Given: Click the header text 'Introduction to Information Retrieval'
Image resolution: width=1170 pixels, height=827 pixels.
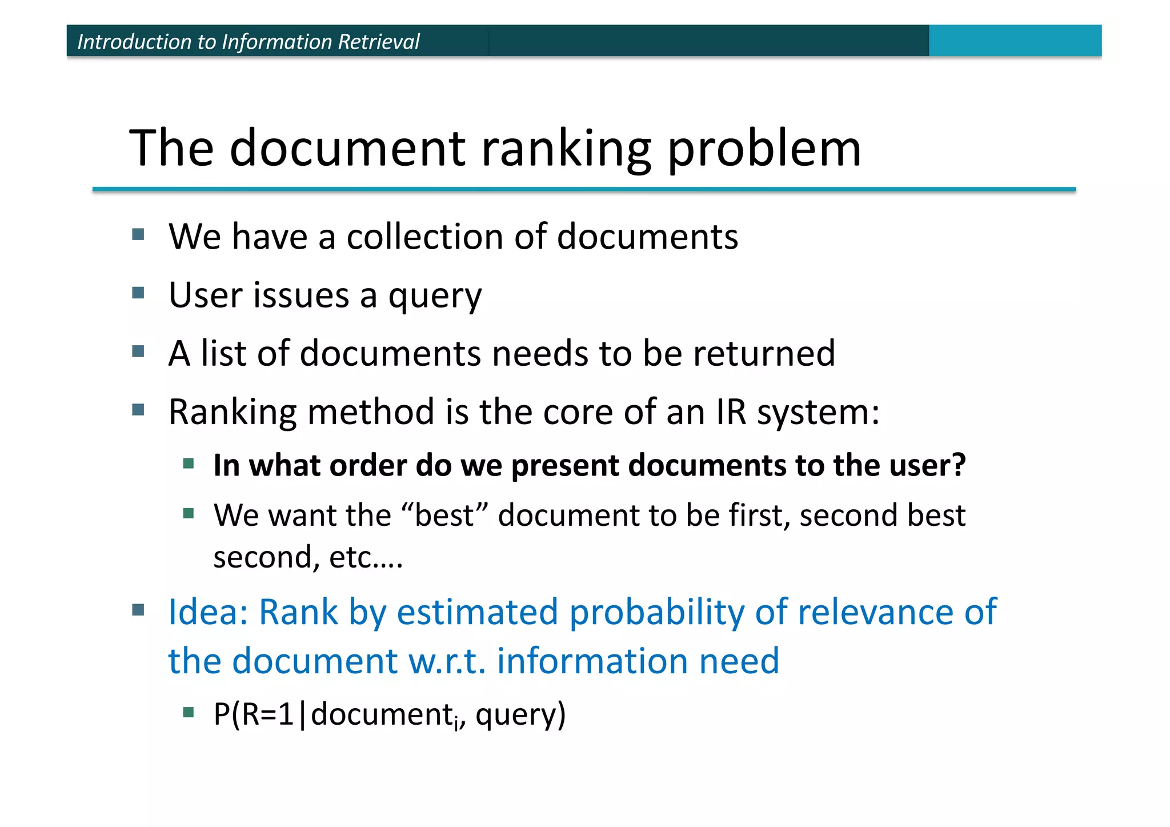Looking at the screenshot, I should tap(249, 42).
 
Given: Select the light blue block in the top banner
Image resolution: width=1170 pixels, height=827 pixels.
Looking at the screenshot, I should tap(1015, 41).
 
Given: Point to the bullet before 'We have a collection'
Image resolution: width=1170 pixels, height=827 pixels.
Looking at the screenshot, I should tap(138, 234).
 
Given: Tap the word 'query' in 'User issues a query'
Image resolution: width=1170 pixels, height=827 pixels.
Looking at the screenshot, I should tap(435, 296).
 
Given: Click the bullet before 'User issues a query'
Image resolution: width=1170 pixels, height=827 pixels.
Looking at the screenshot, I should tap(138, 293).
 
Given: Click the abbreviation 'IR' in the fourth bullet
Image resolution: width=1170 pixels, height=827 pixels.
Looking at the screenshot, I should tap(731, 411).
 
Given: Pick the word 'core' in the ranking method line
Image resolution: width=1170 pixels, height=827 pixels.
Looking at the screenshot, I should tap(578, 411).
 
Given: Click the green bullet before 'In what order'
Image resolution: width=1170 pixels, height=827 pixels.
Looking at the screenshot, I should tap(189, 463).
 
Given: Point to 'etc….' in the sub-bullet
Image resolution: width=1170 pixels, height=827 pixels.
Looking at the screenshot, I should tap(366, 557).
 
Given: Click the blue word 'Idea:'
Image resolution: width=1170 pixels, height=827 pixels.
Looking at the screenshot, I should tap(208, 612).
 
